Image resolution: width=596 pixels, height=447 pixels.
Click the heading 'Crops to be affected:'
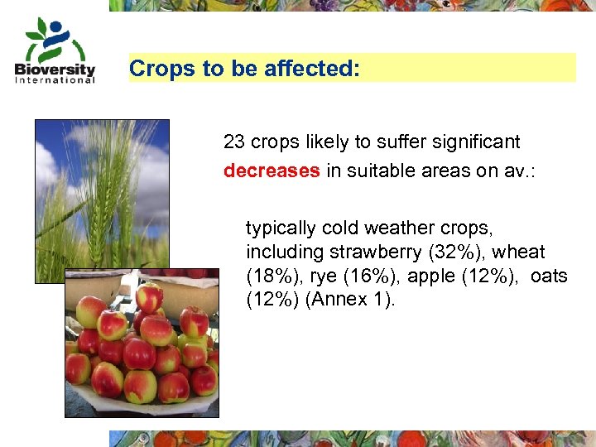pos(244,69)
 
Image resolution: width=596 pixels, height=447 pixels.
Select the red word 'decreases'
pos(272,171)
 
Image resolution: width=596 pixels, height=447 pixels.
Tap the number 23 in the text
pos(234,142)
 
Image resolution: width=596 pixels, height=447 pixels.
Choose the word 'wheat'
pos(519,252)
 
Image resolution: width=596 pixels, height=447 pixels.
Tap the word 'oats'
pos(549,276)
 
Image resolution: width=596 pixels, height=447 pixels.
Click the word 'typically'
pos(281,228)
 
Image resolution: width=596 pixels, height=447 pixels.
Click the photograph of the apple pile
pos(142,348)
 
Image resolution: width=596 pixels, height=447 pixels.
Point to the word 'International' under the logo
pos(55,80)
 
